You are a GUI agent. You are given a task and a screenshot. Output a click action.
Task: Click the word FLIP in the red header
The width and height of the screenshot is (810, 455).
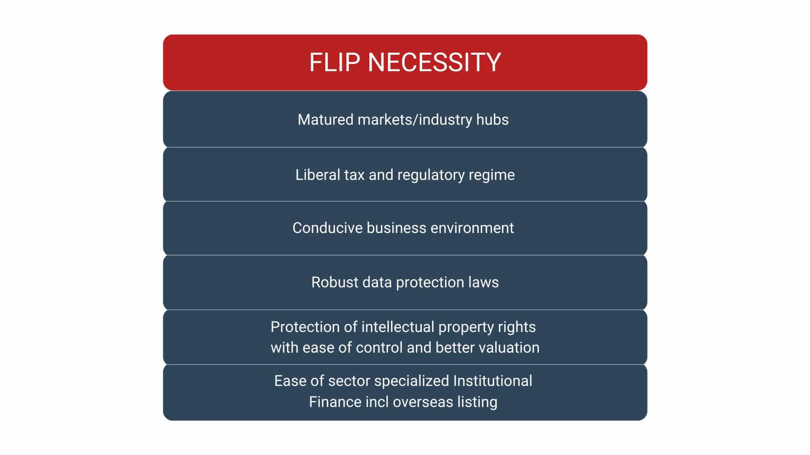point(335,62)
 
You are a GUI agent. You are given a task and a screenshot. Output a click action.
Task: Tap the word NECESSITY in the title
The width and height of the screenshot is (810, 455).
point(435,62)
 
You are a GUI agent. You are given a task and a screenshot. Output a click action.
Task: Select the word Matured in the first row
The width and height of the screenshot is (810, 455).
point(326,120)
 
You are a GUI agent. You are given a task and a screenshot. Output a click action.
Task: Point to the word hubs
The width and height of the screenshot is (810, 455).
point(492,120)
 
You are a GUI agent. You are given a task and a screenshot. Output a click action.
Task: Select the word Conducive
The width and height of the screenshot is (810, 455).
point(327,228)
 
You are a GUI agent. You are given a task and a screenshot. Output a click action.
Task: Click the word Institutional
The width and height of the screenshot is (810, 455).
point(493,381)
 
